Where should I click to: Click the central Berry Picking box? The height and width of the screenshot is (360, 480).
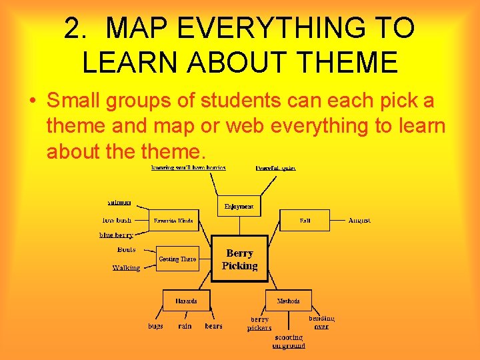(x=239, y=259)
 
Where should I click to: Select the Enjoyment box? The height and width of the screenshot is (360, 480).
(x=239, y=206)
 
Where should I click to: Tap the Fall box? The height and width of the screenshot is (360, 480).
(x=305, y=220)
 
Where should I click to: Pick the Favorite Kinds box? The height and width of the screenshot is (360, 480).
(x=173, y=221)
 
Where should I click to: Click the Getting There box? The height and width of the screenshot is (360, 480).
(x=177, y=259)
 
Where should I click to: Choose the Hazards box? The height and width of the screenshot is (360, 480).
(x=186, y=301)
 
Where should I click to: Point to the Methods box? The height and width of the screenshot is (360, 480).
(x=288, y=301)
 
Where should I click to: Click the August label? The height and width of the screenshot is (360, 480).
(x=359, y=220)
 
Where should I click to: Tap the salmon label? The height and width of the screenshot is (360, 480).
(x=119, y=202)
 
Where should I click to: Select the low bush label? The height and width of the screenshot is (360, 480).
(x=117, y=220)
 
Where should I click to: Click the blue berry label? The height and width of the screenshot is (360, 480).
(x=116, y=235)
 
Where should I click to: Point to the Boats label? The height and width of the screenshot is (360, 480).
(x=126, y=249)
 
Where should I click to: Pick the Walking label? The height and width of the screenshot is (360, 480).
(x=126, y=267)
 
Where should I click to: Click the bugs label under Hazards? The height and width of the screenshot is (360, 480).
(x=155, y=326)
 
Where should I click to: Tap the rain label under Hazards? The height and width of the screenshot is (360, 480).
(x=185, y=326)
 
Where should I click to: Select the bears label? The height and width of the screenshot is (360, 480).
(x=213, y=326)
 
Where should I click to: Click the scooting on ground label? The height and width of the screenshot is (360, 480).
(x=289, y=341)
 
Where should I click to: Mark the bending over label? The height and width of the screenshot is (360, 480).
(x=321, y=323)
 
